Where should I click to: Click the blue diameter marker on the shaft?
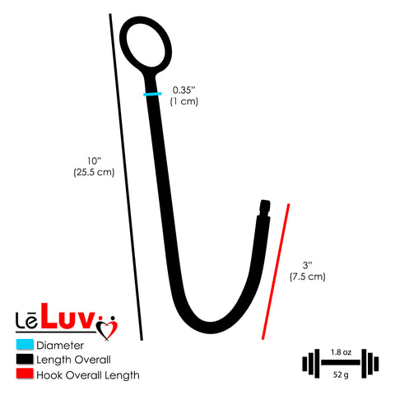pos(152,94)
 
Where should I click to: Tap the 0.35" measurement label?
pos(184,90)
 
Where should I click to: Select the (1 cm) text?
pos(184,101)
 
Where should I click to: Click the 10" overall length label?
pos(94,160)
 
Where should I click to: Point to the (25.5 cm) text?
pos(94,172)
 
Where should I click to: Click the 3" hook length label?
pos(308,265)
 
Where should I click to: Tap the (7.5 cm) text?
pos(308,276)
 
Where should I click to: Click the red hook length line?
pos(276,272)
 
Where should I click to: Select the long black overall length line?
pos(126,177)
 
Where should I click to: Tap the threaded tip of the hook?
pos(265,208)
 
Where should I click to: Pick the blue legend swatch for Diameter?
pos(25,345)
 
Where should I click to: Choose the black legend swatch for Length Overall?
pos(25,359)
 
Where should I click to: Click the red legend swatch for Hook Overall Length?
pos(25,374)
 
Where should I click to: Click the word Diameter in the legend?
pos(60,346)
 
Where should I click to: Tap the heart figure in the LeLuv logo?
pos(107,328)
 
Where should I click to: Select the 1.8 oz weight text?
pos(341,352)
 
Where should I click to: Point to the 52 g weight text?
pos(341,374)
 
